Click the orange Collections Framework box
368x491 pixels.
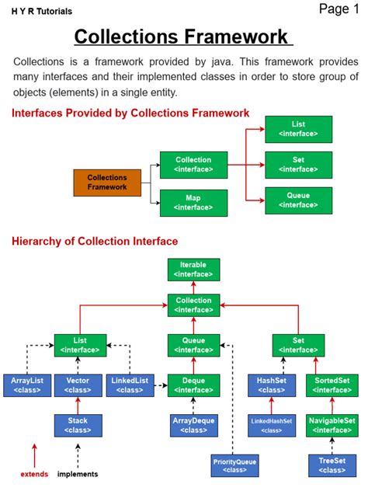(107, 183)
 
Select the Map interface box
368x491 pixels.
(193, 203)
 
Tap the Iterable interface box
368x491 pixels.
(193, 270)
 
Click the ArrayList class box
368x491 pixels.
(26, 385)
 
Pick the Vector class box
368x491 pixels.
(78, 385)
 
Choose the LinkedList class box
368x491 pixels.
(130, 385)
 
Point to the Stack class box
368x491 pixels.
(78, 425)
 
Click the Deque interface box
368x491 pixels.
(193, 385)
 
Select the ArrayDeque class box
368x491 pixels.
(193, 425)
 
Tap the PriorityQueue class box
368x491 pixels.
(235, 465)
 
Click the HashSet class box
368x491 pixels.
(272, 385)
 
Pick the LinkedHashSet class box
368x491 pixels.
(272, 425)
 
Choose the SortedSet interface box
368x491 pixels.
(332, 385)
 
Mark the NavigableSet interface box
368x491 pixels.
(332, 425)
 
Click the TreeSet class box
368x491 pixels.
(332, 465)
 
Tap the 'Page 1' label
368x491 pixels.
(339, 9)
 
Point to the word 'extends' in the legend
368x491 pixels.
(34, 474)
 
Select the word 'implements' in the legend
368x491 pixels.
(78, 474)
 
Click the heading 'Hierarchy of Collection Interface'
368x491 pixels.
(95, 242)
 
